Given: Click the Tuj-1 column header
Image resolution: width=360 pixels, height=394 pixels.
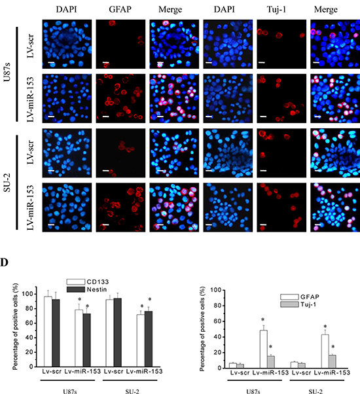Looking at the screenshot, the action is point(276,10).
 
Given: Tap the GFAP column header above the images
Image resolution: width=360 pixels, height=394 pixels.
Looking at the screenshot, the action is point(120,10).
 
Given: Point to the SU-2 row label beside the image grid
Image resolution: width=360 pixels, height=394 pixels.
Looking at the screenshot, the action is point(7,183).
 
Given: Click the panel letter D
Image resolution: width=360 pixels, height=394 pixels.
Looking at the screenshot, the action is point(4,262).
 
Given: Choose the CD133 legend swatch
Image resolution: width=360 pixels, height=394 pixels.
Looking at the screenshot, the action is point(76,281).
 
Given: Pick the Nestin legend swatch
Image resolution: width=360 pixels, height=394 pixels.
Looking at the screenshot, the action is point(76,289).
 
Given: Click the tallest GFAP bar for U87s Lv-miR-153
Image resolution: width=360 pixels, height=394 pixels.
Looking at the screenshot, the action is point(264,349).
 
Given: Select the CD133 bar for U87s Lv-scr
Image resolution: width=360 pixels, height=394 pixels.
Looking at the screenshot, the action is point(48,331).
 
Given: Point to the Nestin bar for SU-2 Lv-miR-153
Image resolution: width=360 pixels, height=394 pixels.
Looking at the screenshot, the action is point(148,339).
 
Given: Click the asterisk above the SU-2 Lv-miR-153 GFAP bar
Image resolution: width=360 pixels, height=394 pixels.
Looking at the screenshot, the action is point(325,326).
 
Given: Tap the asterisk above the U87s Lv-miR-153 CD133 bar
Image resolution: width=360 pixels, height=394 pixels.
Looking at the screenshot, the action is point(79,299).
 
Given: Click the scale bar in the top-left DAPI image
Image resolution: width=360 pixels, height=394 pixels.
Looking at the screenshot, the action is point(51,62).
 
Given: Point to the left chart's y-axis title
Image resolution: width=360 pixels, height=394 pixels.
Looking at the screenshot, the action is point(15,327).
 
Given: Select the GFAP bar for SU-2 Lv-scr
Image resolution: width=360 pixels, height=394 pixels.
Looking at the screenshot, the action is point(294,365).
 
